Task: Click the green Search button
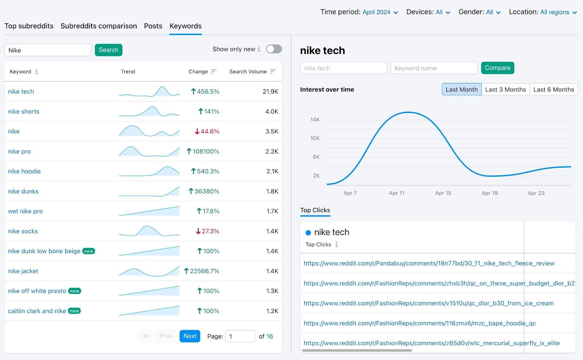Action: click(x=108, y=50)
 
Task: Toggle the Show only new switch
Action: click(x=274, y=49)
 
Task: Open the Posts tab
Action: click(x=153, y=26)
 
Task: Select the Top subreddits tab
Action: click(x=29, y=26)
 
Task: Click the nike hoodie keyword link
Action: click(x=24, y=171)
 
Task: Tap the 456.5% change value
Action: click(x=208, y=91)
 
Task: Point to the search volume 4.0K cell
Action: click(x=271, y=111)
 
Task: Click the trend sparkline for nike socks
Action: click(x=149, y=231)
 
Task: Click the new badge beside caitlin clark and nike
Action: click(x=74, y=311)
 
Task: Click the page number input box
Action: click(x=240, y=336)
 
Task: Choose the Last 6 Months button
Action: click(x=553, y=90)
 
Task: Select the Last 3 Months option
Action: click(x=505, y=90)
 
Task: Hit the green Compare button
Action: click(x=497, y=68)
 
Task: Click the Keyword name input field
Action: click(x=434, y=68)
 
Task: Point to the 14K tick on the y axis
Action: click(x=315, y=120)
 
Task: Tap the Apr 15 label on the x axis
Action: click(x=443, y=193)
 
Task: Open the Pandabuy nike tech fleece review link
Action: click(x=429, y=263)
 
